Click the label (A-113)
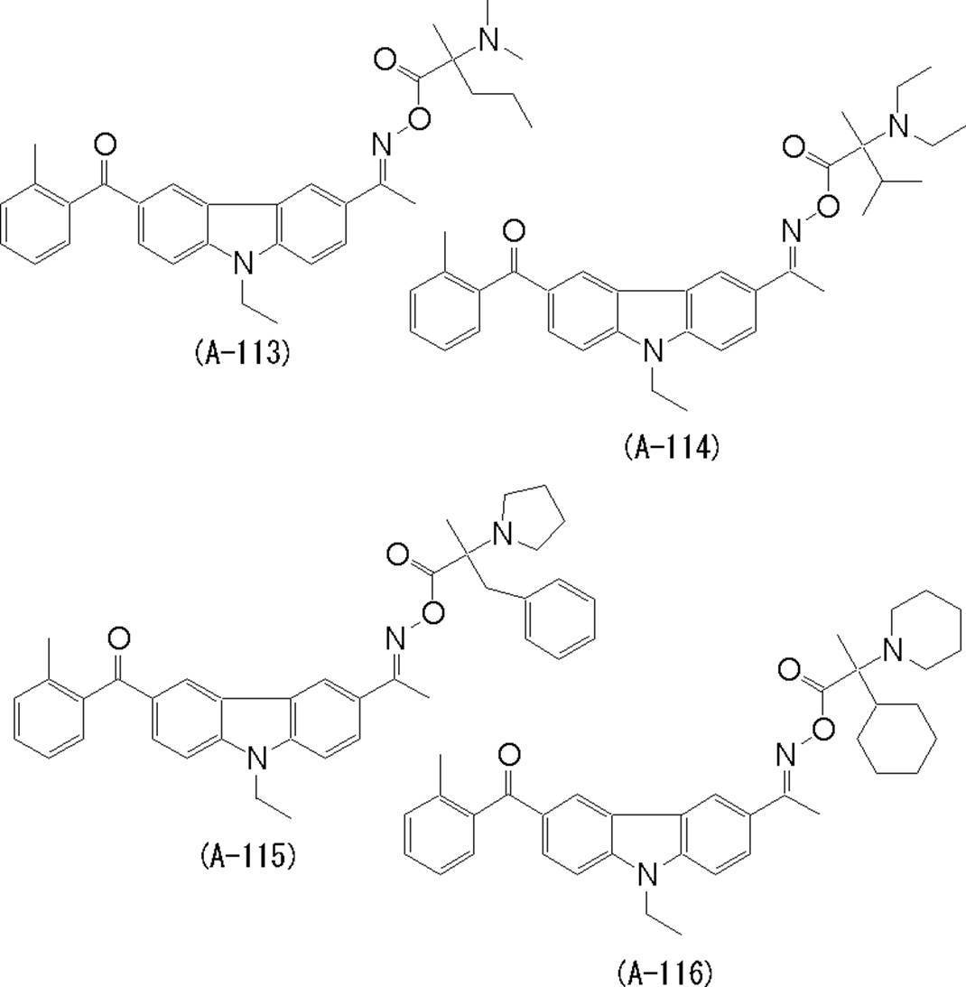point(242,352)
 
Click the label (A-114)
point(671,446)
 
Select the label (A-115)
point(247,854)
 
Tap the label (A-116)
point(665,973)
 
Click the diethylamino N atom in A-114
point(897,127)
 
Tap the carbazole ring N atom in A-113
point(242,262)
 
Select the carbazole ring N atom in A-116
point(646,873)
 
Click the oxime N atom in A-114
point(792,231)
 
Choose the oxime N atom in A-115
point(395,638)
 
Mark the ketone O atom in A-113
point(105,144)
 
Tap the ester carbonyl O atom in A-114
point(794,146)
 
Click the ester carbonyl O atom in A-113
point(385,61)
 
